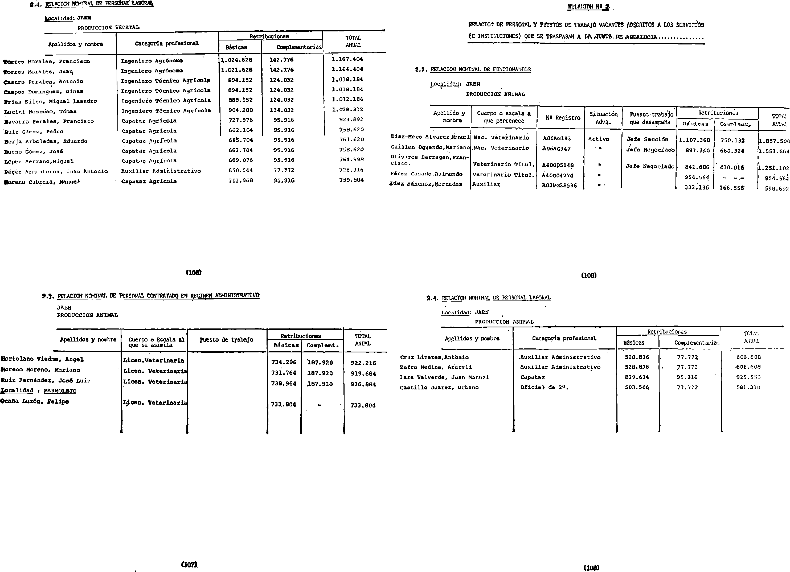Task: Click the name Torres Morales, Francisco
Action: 47,62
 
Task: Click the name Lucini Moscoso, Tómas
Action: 40,112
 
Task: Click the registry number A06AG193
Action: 557,138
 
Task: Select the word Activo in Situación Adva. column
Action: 598,139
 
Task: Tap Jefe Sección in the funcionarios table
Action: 647,139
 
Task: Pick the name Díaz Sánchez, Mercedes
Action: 426,184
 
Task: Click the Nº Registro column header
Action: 563,118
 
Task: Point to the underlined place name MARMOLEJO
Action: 60,391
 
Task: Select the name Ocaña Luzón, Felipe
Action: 35,401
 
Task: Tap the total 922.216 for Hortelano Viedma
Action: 363,363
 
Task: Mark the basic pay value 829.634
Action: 637,377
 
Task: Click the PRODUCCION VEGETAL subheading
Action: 108,27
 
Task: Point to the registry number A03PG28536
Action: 559,186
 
